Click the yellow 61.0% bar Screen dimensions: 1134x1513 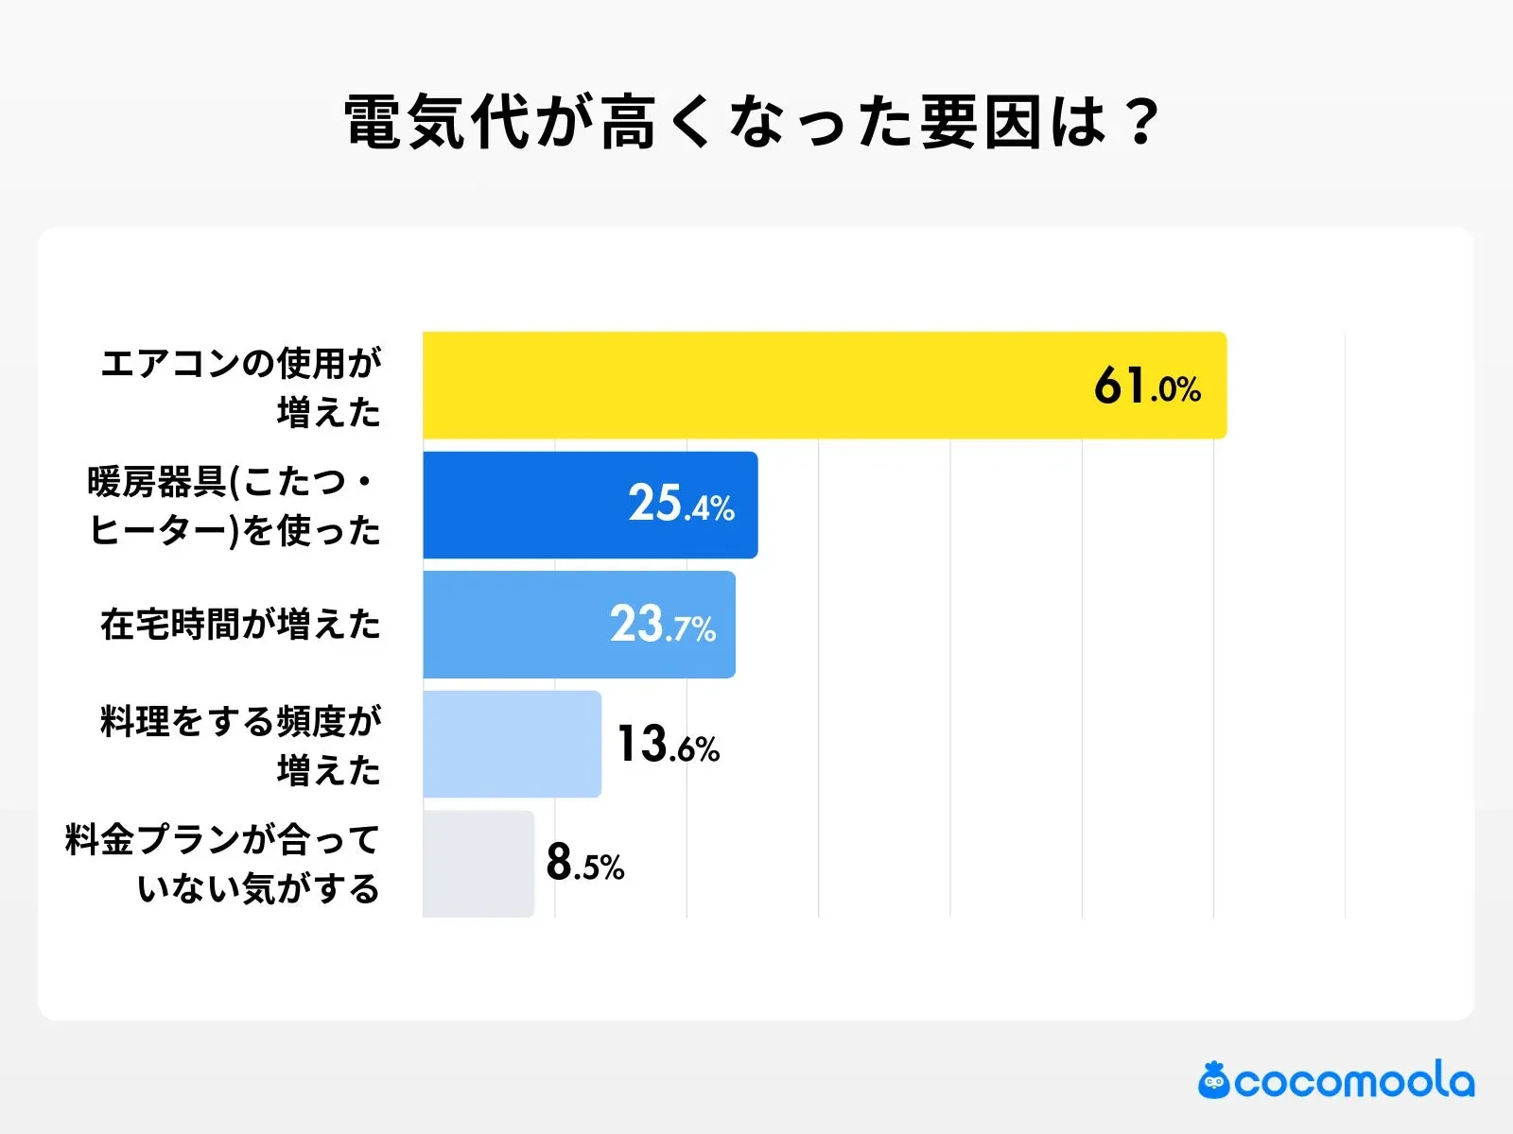coord(756,386)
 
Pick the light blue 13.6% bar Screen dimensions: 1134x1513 coord(512,744)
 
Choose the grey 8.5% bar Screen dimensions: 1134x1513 coord(478,863)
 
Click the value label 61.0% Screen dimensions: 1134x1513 coord(1147,387)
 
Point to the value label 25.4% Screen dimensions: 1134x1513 coord(681,505)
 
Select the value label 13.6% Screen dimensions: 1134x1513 coord(668,745)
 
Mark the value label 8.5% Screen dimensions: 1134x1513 coord(585,864)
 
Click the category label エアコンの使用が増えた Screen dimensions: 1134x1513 coord(242,387)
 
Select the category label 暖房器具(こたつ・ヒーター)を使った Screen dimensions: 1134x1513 coord(234,507)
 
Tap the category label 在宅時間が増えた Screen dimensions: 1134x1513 coord(240,625)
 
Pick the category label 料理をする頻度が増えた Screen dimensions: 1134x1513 coord(242,745)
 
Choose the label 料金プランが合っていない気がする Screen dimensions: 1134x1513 coord(223,864)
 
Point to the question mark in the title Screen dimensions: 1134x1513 coord(1142,123)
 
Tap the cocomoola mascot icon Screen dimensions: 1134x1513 coord(1213,1081)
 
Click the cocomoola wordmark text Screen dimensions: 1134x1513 coord(1354,1081)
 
